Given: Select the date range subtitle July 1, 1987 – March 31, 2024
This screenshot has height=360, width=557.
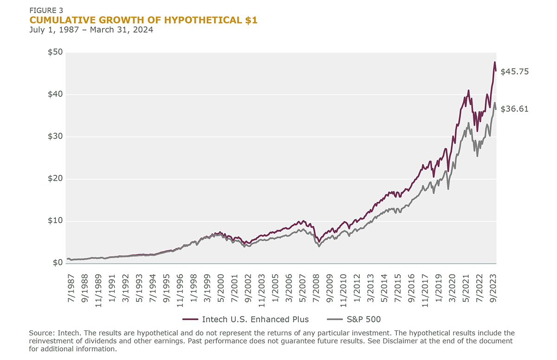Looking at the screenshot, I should click(91, 29).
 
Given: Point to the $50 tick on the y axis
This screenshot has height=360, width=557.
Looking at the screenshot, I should click(56, 52).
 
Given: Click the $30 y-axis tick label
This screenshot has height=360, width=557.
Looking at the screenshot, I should click(56, 137).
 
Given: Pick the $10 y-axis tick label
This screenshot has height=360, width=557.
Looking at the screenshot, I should click(56, 221).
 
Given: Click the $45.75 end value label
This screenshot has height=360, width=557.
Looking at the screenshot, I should click(514, 71).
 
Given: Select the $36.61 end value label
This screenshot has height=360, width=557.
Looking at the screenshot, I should click(514, 109).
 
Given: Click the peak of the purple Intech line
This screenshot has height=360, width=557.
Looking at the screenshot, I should click(494, 62).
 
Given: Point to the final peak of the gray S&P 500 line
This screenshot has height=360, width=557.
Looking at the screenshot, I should click(494, 103).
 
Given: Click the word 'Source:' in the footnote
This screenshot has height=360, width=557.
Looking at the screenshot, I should click(42, 334).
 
